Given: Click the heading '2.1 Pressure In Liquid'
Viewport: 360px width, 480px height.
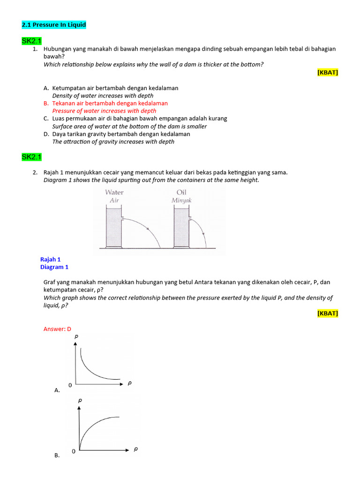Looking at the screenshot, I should pos(54,24).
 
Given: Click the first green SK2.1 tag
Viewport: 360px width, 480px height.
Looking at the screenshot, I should pos(31,41).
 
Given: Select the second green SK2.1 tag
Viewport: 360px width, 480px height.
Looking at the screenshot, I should pos(31,157).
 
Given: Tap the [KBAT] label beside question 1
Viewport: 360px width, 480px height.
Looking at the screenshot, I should pos(327,72).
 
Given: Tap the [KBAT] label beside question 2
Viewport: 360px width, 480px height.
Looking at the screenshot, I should pos(327,313).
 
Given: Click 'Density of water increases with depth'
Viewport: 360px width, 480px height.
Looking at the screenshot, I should pos(103,96).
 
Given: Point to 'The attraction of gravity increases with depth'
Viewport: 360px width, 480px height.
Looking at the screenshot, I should pos(113,142).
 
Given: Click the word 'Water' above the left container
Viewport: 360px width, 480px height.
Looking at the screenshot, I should pos(114,192).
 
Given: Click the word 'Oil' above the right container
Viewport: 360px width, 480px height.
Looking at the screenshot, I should pos(181,192).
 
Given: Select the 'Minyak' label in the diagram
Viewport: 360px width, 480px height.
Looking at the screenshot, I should pos(181,200).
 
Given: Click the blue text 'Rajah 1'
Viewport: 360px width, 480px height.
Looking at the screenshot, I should pos(51,259).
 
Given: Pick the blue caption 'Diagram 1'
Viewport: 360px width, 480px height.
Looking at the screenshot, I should pos(54,267).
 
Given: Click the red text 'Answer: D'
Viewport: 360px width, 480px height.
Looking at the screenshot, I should pos(57,329).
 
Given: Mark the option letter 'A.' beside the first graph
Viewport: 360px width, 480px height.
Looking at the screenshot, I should pos(57,390).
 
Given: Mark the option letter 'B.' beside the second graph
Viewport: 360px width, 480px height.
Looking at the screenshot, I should pos(57,455).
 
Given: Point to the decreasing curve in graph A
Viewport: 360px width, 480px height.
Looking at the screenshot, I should pos(91,366).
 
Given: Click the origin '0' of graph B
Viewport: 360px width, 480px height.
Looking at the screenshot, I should pos(73,451).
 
